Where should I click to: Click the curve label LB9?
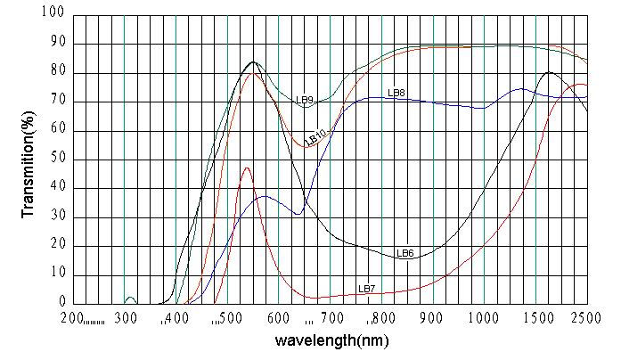point(305,101)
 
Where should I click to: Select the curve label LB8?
point(396,92)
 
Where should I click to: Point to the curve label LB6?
point(405,253)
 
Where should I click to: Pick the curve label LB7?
point(366,289)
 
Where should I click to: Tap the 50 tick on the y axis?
point(57,160)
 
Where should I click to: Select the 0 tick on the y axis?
point(61,304)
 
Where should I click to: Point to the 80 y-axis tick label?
point(57,73)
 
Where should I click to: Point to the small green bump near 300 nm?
point(130,298)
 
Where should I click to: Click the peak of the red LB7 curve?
point(247,168)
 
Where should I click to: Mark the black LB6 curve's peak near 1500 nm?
point(549,72)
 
